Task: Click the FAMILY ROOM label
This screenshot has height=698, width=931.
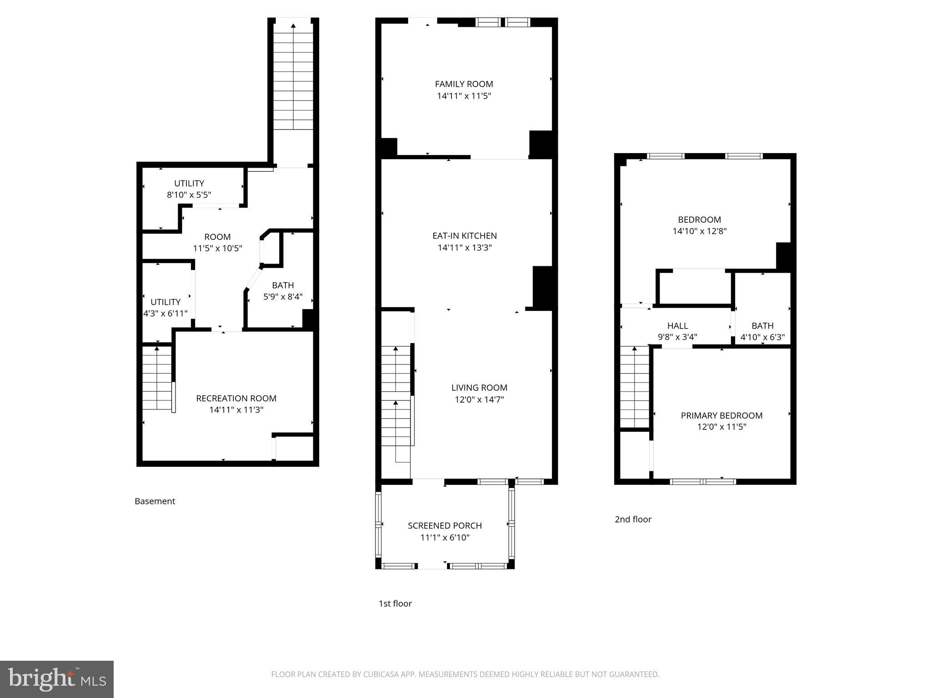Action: [x=464, y=84]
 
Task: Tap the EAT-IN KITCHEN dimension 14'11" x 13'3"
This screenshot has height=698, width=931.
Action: [x=465, y=248]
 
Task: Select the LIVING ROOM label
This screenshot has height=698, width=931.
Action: [x=479, y=388]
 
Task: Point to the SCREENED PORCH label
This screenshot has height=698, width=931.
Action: [x=445, y=526]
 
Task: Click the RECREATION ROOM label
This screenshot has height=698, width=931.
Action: [x=236, y=399]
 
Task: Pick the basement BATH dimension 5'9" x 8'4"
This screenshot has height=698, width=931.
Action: [x=283, y=297]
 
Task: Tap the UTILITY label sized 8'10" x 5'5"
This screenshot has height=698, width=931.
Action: [x=189, y=184]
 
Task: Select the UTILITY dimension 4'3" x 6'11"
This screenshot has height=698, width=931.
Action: [x=165, y=314]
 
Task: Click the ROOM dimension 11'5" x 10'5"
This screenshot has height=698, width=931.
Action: [x=217, y=249]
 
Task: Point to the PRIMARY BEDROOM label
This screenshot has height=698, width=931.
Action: [x=721, y=415]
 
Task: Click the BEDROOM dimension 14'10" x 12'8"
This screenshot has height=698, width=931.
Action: [x=699, y=231]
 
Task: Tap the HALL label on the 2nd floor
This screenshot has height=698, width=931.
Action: [x=677, y=326]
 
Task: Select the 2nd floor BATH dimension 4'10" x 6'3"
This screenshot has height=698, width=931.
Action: [x=762, y=338]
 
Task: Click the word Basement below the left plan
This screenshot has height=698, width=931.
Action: [x=155, y=501]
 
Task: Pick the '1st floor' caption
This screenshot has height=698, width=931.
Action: [x=395, y=603]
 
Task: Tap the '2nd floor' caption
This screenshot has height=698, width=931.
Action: [x=633, y=519]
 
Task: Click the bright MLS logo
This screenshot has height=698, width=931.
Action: [x=57, y=679]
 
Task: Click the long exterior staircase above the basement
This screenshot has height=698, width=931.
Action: [x=293, y=77]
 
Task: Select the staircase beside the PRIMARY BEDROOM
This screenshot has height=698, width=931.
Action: [x=634, y=386]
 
